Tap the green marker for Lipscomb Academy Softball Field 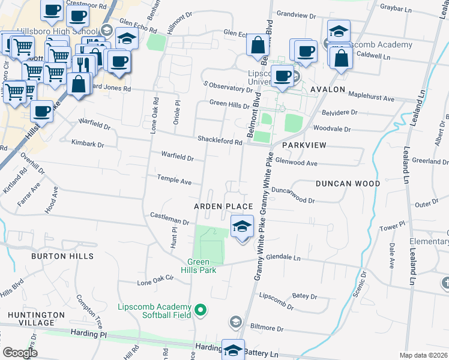(201, 310)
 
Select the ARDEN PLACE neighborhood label (223, 206)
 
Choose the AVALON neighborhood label (328, 89)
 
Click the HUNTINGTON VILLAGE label (37, 319)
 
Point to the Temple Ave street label (174, 179)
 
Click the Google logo (20, 353)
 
